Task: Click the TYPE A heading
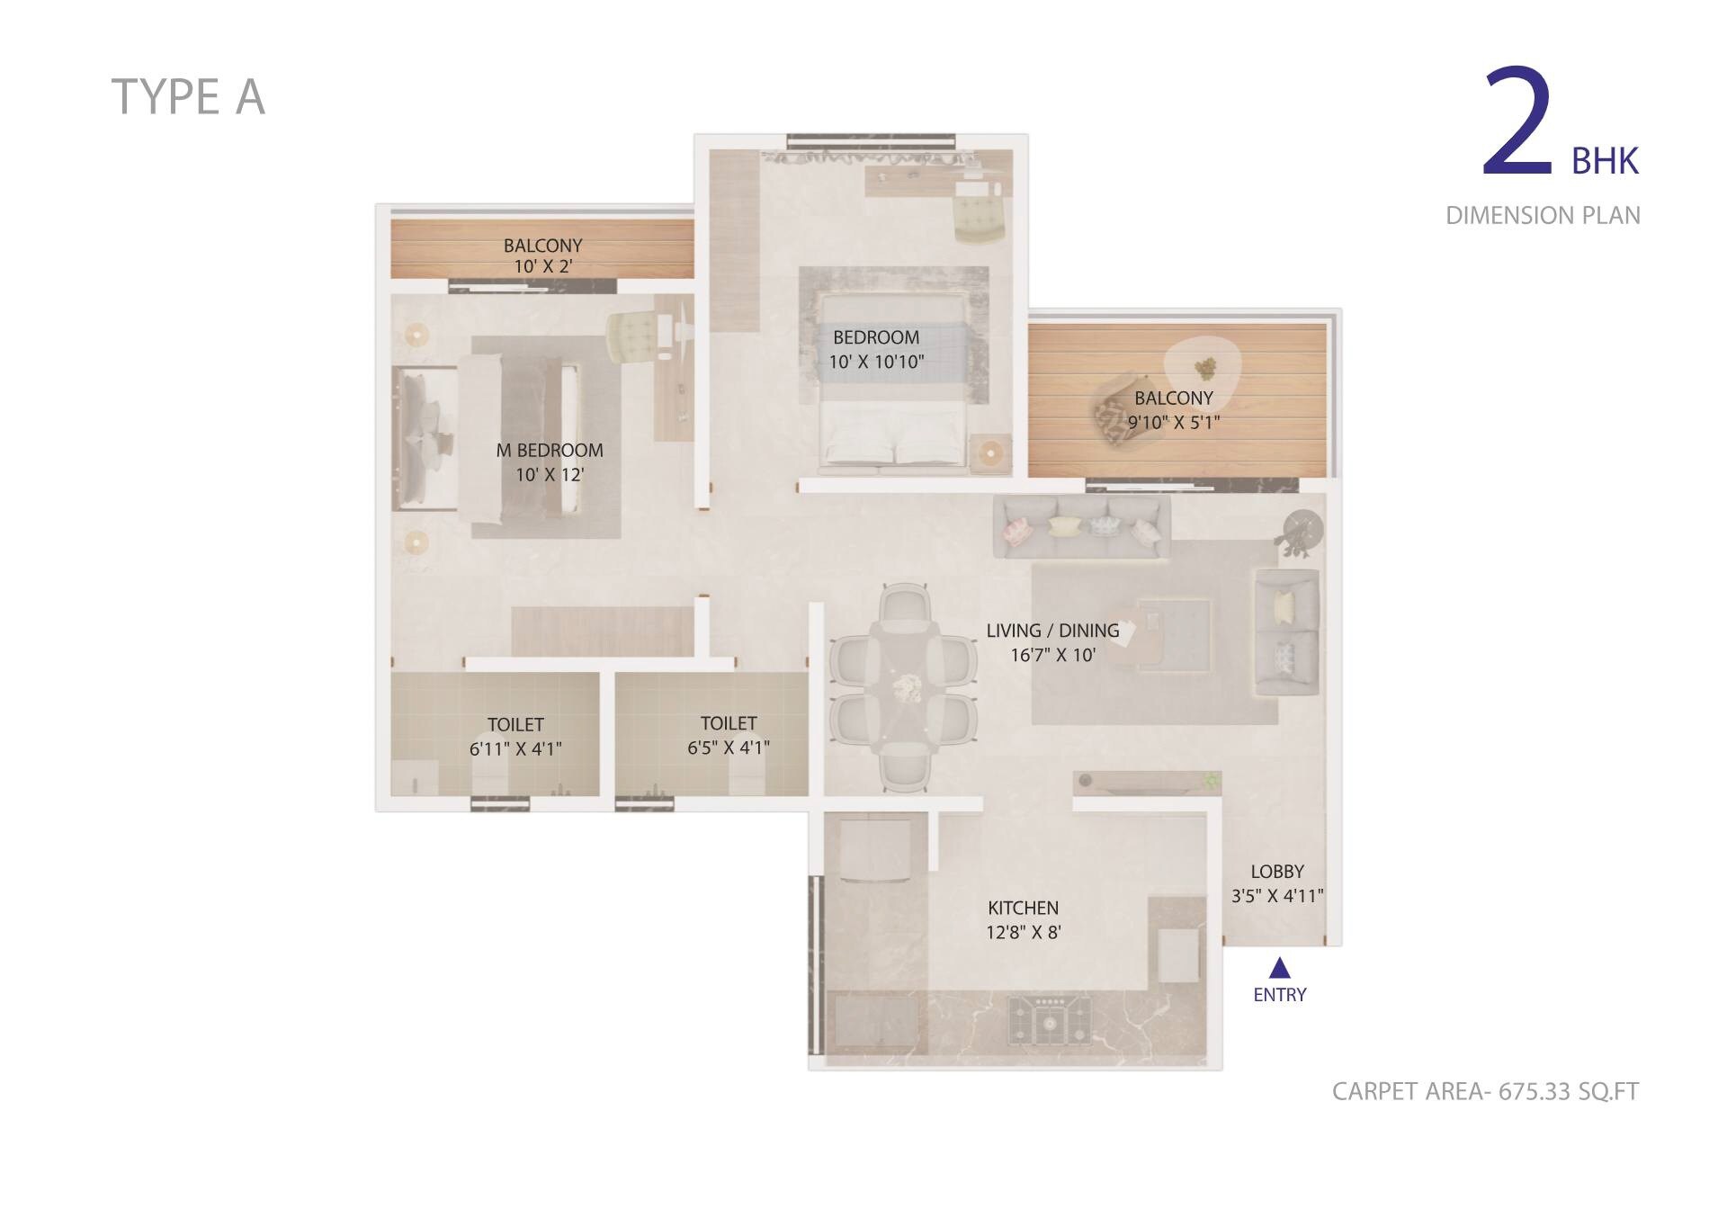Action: click(x=188, y=97)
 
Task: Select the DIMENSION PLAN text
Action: click(x=1543, y=216)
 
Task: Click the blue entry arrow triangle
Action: click(x=1279, y=969)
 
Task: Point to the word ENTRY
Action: click(x=1279, y=995)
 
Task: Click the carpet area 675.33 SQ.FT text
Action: click(x=1485, y=1091)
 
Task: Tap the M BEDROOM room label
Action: click(x=550, y=451)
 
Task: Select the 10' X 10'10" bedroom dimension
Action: click(x=876, y=362)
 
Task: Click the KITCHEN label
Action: click(x=1023, y=908)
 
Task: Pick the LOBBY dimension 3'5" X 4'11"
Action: click(x=1277, y=896)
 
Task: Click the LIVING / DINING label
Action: click(x=1052, y=631)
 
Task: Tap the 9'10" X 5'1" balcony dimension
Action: click(x=1174, y=422)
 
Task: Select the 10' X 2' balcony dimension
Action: click(x=542, y=266)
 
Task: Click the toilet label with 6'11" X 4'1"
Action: click(x=515, y=725)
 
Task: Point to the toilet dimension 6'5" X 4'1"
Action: click(x=729, y=748)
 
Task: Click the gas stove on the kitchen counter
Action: click(x=1049, y=1020)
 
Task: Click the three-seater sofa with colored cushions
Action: click(x=1082, y=528)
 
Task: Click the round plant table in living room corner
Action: click(x=1301, y=528)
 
